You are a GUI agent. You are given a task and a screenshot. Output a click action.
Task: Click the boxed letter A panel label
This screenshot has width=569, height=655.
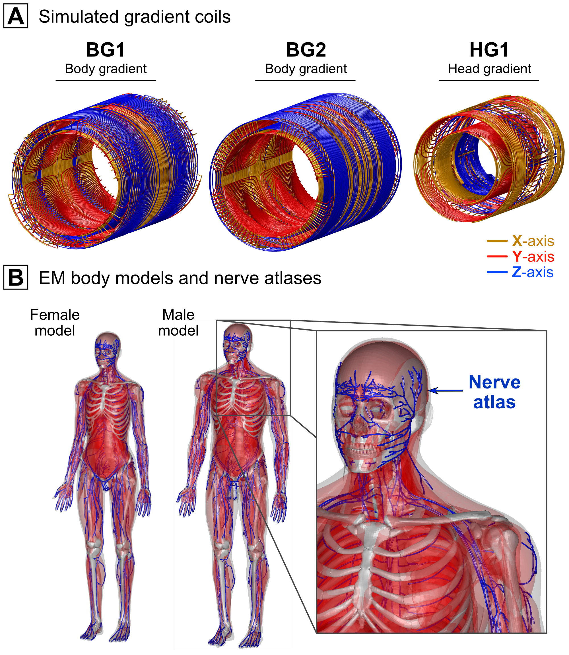coord(16,16)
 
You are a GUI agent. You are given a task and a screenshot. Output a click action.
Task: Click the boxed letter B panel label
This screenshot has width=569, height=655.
coord(16,277)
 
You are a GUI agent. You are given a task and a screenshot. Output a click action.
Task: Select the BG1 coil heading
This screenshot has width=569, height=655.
coord(106,50)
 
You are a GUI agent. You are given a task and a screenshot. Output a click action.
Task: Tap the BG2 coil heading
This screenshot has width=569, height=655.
coord(306,50)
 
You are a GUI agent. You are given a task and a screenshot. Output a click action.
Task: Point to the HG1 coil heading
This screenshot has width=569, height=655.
coord(489,50)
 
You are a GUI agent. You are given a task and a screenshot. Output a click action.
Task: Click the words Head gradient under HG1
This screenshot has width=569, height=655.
coord(489,69)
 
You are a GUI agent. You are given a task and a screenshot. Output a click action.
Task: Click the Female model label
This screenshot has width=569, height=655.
coord(55,323)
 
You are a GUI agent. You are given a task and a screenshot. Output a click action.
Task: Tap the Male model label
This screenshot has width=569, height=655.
coord(178,323)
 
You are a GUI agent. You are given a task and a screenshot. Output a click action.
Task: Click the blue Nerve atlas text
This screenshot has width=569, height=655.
coord(494,392)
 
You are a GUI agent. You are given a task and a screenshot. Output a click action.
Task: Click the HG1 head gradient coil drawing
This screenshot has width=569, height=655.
coord(489,159)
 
